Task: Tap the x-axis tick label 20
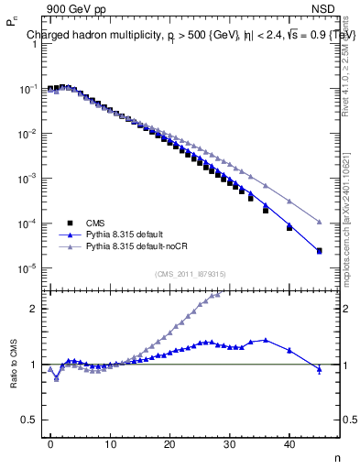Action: tap(169, 443)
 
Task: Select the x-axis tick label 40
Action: tap(289, 443)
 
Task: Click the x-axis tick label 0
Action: tap(50, 443)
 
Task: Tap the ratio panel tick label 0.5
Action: tap(27, 420)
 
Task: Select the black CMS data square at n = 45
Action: tap(319, 251)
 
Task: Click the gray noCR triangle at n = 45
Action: tap(319, 222)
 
